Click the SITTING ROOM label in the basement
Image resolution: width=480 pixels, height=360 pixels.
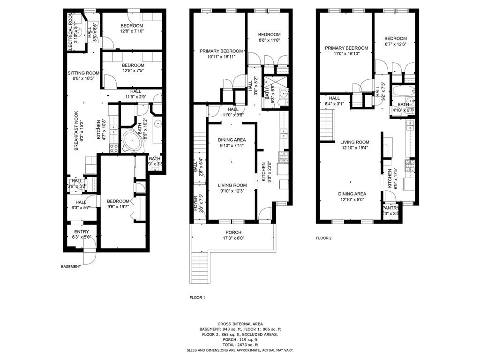(x=83, y=73)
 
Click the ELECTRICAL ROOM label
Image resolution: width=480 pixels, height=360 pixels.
(x=70, y=28)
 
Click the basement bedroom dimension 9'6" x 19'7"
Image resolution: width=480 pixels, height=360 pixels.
(x=118, y=207)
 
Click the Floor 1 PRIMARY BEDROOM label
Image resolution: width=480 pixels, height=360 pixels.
(x=221, y=51)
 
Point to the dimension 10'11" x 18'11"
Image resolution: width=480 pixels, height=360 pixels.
(x=221, y=57)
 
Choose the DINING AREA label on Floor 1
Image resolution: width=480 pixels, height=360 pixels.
(x=232, y=140)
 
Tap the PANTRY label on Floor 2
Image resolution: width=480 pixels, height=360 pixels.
(x=391, y=208)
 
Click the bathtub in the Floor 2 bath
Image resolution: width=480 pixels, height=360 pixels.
(x=402, y=91)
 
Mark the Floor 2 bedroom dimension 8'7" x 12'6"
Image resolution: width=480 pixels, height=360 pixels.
(x=395, y=44)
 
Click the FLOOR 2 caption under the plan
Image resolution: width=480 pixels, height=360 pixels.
(x=323, y=238)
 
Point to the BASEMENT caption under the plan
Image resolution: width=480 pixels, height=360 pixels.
(x=71, y=266)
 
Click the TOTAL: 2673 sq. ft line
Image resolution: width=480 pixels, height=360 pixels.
(x=240, y=345)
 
